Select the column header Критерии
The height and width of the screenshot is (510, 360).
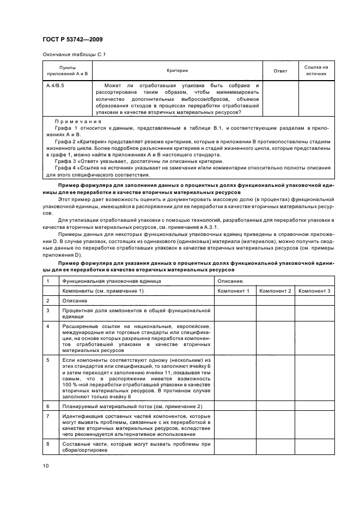[x=177, y=71]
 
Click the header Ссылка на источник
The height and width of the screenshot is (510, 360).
[x=316, y=71]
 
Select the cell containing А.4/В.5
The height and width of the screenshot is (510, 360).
[x=56, y=86]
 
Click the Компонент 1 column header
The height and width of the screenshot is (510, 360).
[x=234, y=291]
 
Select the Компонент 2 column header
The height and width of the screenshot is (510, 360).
[x=275, y=291]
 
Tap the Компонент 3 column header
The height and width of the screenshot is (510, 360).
[x=314, y=291]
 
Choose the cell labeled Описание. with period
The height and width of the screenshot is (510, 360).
[x=230, y=281]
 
